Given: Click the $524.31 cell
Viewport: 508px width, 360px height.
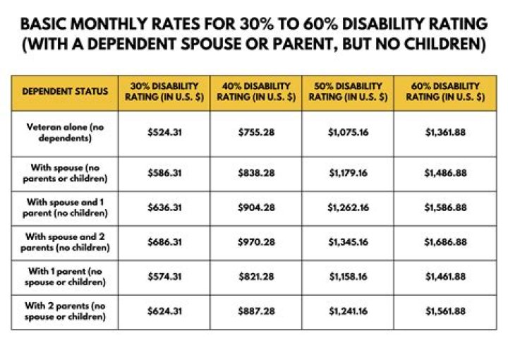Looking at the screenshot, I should pos(164,132).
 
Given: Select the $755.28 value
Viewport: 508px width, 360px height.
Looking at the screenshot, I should pos(256,132).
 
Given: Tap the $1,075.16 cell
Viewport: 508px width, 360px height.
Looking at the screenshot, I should pos(347,132).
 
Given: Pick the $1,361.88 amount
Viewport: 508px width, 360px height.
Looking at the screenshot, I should pos(445,132).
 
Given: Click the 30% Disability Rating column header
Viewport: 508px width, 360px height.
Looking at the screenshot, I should pos(164,92).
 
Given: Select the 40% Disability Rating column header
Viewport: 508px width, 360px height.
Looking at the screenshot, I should pos(256,92).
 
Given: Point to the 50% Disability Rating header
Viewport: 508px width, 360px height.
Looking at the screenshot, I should pos(347,92).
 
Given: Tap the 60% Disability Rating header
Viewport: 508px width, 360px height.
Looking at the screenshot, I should pos(445,92).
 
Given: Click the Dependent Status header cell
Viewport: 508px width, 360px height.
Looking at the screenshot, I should pos(65,92).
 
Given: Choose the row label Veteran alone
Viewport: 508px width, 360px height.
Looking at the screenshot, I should pos(65,132).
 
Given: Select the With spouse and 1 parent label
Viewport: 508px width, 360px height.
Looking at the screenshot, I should pos(65,208).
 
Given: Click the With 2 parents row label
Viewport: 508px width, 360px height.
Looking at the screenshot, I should pos(65,311).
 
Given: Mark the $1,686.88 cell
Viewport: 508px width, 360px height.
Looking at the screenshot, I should pos(445,242).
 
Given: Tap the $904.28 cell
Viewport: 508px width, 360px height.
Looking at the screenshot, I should pos(256,208).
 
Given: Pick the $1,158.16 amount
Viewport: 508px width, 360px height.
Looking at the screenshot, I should pos(347,277).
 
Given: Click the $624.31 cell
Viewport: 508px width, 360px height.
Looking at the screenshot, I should pos(164,311).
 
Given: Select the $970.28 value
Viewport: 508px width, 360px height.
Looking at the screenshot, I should pos(256,242).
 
